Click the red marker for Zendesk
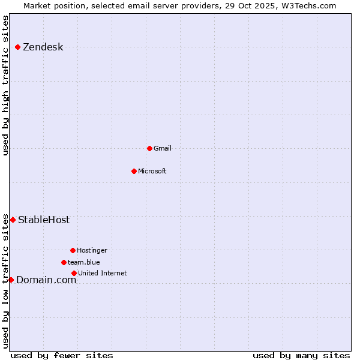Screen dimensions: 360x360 coord(17,47)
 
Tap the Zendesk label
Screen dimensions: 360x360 coord(43,47)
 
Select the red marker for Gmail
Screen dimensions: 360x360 coord(149,148)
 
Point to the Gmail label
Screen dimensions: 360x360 coord(162,148)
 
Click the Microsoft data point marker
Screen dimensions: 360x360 coord(134,171)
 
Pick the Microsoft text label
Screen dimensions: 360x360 coord(152,171)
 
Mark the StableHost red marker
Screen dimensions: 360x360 coord(13,220)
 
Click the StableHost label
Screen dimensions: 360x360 coord(44,220)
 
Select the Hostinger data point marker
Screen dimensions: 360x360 coord(73,250)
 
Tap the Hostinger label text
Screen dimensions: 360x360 coord(92,250)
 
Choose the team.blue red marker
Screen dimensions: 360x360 coord(64,262)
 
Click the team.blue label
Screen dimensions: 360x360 coord(83,262)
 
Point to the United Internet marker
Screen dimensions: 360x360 coord(74,273)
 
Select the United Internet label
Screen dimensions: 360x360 coord(102,273)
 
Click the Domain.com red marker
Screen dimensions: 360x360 coord(11,280)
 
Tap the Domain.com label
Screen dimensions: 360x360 coord(46,280)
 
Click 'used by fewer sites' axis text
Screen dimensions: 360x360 coord(62,355)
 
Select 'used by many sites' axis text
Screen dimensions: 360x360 coord(301,355)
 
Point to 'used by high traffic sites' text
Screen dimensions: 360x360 coord(6,85)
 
